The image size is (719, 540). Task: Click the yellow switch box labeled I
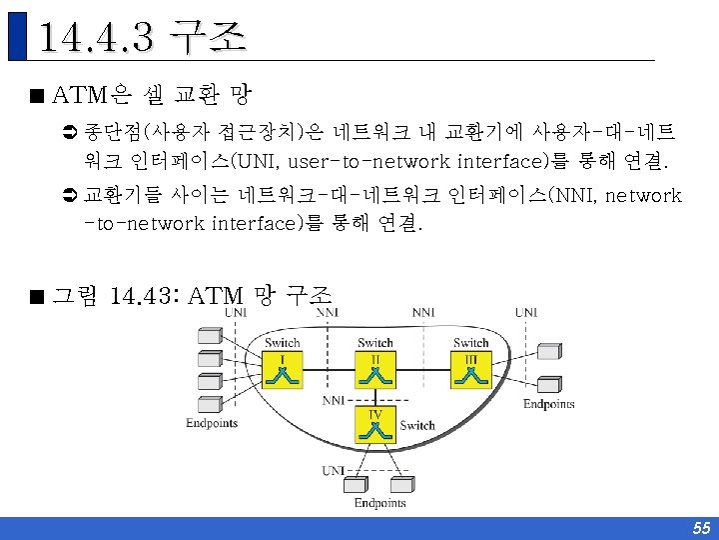pyautogui.click(x=283, y=372)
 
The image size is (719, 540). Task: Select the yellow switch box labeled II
pyautogui.click(x=375, y=372)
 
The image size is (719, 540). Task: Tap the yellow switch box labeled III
pyautogui.click(x=470, y=372)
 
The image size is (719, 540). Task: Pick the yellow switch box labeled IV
pyautogui.click(x=375, y=426)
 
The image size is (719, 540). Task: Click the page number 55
pyautogui.click(x=701, y=528)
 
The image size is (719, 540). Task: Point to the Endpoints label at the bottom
pyautogui.click(x=379, y=503)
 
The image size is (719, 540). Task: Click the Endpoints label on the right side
pyautogui.click(x=549, y=404)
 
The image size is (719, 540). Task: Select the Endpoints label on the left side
pyautogui.click(x=212, y=422)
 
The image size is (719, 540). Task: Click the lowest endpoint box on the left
pyautogui.click(x=210, y=403)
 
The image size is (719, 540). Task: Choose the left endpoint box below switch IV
pyautogui.click(x=357, y=483)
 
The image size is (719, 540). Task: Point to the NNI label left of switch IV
pyautogui.click(x=335, y=400)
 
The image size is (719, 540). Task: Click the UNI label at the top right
pyautogui.click(x=525, y=312)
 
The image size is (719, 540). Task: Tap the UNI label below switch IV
pyautogui.click(x=333, y=470)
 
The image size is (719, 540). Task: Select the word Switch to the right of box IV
pyautogui.click(x=417, y=425)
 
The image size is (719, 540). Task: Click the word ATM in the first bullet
pyautogui.click(x=79, y=96)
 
